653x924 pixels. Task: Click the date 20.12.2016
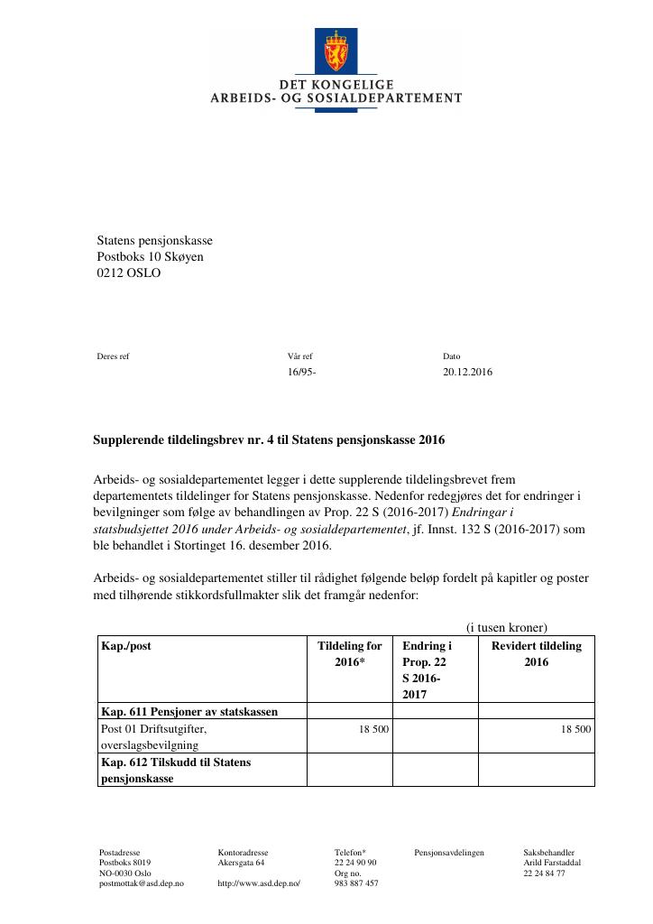coord(467,372)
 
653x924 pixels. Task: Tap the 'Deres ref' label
coord(113,356)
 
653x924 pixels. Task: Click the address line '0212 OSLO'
coord(128,273)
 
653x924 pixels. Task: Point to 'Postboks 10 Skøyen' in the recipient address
coord(150,256)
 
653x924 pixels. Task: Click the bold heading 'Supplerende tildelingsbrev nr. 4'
coord(269,441)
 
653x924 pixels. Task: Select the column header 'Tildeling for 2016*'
coord(350,653)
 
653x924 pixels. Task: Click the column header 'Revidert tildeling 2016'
coord(536,653)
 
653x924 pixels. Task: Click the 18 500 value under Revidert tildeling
coord(575,728)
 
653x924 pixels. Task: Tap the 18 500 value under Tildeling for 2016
coord(373,728)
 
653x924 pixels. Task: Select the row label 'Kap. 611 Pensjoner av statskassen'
coord(189,711)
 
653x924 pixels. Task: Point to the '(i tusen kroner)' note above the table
coord(506,628)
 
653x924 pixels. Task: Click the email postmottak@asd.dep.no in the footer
coord(141,883)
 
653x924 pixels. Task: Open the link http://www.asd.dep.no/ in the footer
coord(258,883)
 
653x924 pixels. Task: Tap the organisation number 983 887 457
coord(356,883)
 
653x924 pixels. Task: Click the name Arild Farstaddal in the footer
coord(552,863)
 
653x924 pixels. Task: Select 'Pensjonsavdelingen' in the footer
coord(449,852)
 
